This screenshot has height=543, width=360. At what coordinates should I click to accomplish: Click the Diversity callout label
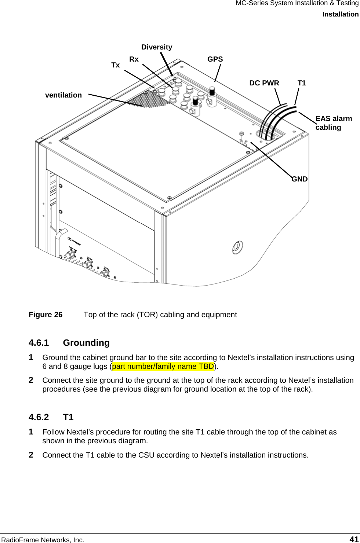[x=157, y=47]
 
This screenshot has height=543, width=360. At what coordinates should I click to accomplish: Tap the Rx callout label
[x=134, y=59]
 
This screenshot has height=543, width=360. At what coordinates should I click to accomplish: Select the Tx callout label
[x=115, y=65]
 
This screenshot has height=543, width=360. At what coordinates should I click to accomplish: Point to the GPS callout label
[x=215, y=59]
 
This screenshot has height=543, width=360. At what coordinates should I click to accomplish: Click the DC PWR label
[x=264, y=83]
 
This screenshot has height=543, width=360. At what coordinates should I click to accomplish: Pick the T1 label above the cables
[x=302, y=83]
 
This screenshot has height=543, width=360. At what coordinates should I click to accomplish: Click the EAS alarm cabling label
[x=333, y=123]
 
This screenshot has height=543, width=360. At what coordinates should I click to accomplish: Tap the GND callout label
[x=299, y=179]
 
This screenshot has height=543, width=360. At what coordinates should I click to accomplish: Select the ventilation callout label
[x=63, y=95]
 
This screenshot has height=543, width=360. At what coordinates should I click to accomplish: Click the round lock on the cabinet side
[x=237, y=247]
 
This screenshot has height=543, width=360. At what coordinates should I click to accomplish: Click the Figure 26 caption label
[x=46, y=315]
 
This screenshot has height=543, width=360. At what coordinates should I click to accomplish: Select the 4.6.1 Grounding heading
[x=69, y=343]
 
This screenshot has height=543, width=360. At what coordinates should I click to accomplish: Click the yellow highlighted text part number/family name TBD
[x=163, y=366]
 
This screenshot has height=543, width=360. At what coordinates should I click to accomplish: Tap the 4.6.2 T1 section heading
[x=51, y=417]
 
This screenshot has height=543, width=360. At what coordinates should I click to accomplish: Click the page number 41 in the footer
[x=354, y=539]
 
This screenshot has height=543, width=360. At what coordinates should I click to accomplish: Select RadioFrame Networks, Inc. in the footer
[x=43, y=540]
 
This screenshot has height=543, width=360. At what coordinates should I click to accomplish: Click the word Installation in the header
[x=340, y=14]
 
